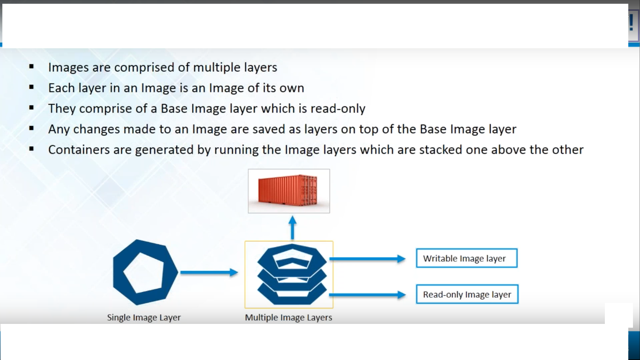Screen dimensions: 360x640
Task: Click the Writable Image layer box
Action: pyautogui.click(x=466, y=258)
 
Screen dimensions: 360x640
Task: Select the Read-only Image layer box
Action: pyautogui.click(x=467, y=294)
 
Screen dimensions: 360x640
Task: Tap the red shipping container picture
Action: pyautogui.click(x=289, y=191)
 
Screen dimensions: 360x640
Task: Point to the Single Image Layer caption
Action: pyautogui.click(x=144, y=317)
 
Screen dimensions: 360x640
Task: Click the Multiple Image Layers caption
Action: pyautogui.click(x=289, y=317)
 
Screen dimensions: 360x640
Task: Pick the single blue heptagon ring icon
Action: pyautogui.click(x=146, y=272)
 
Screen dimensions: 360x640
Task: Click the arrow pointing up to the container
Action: pyautogui.click(x=292, y=228)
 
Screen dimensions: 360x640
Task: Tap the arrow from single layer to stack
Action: pyautogui.click(x=209, y=272)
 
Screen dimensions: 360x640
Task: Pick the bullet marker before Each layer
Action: pyautogui.click(x=31, y=87)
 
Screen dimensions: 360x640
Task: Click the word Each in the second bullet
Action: pyautogui.click(x=59, y=88)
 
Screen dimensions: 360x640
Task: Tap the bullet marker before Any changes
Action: pyautogui.click(x=31, y=128)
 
